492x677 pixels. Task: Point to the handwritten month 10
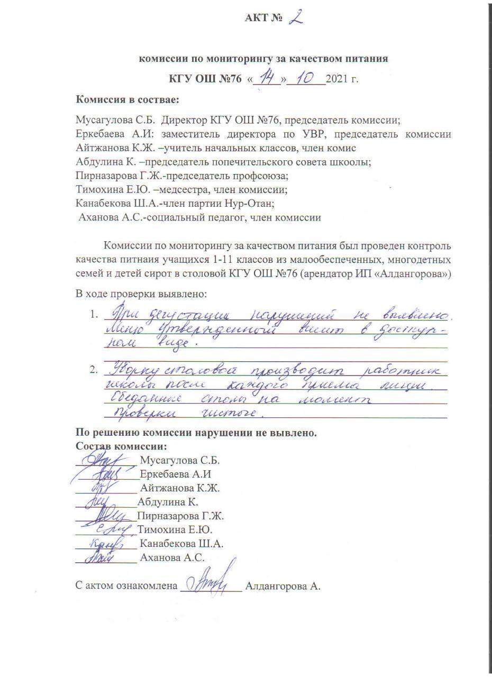tap(306, 79)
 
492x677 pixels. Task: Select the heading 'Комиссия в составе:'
tap(127, 99)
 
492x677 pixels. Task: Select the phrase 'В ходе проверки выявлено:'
tap(141, 294)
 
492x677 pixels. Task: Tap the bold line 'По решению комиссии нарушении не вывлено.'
tap(196, 433)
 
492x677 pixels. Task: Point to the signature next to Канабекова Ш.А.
tap(106, 543)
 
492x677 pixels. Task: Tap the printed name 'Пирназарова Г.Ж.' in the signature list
tap(180, 516)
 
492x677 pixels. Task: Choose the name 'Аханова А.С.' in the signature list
tap(172, 557)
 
